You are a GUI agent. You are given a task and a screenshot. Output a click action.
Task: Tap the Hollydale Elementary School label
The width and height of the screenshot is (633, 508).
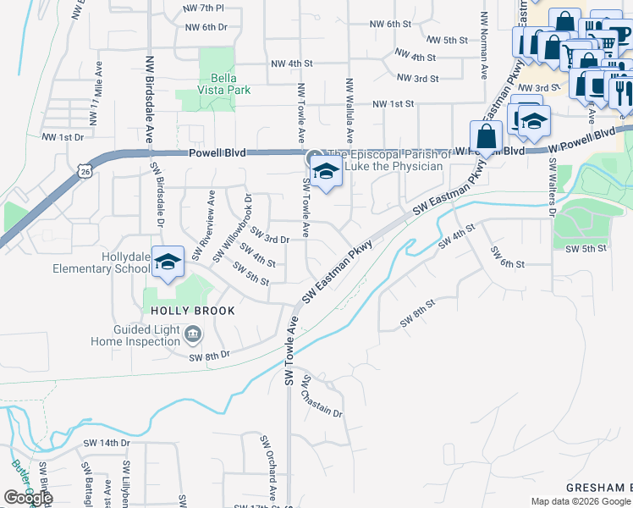95,262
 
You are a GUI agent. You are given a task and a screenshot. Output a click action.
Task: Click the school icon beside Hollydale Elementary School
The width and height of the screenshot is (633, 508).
168,262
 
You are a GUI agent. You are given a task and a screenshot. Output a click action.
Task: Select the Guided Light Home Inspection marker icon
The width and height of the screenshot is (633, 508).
193,335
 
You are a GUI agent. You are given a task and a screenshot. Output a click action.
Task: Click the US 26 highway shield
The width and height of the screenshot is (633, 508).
85,172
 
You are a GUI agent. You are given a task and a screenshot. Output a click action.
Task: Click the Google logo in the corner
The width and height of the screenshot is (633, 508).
28,498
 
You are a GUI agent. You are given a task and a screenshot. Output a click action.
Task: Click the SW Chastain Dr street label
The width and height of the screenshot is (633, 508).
322,397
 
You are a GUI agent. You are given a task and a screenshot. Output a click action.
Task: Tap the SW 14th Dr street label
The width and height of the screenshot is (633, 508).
107,443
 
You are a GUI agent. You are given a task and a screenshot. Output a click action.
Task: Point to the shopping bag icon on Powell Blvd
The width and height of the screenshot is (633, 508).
487,135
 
